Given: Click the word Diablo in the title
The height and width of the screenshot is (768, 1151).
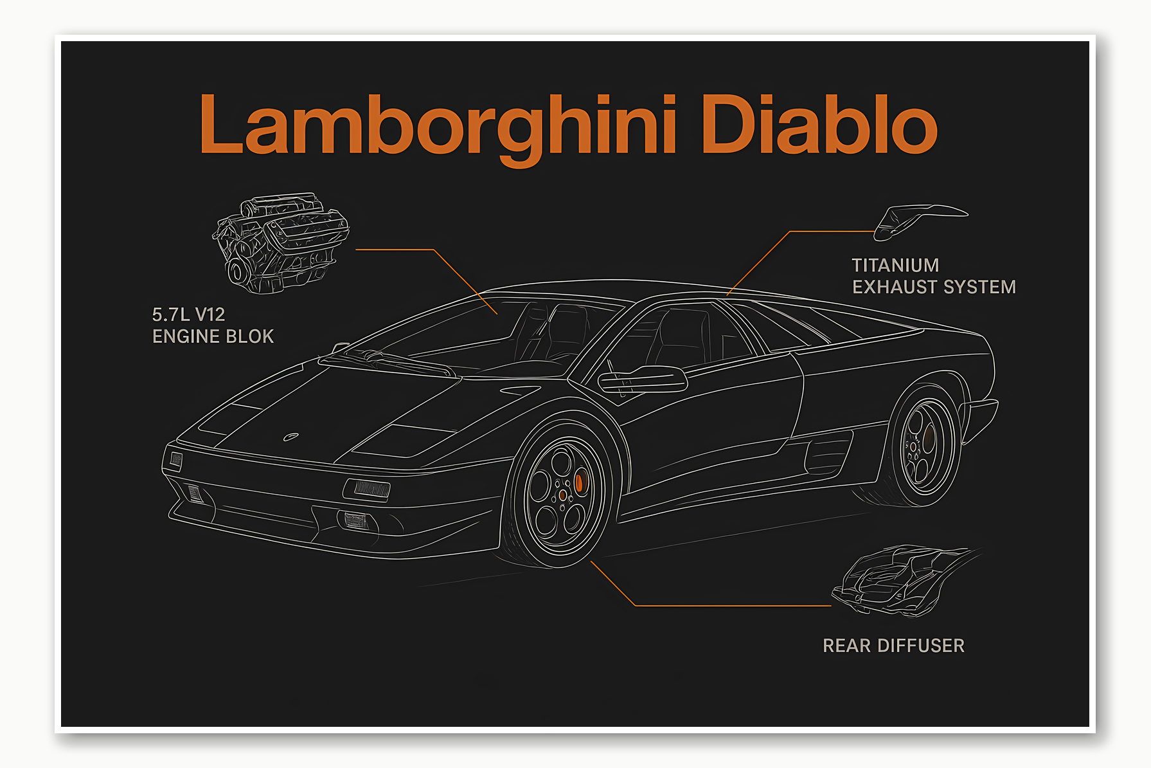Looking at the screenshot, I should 819,125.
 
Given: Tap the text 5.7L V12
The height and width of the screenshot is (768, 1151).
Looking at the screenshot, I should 188,315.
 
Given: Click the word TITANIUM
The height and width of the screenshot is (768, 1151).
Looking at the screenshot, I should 895,265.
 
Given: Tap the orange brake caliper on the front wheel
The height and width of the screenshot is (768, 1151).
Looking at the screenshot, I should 579,483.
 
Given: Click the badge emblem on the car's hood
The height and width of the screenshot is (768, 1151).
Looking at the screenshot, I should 290,437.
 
